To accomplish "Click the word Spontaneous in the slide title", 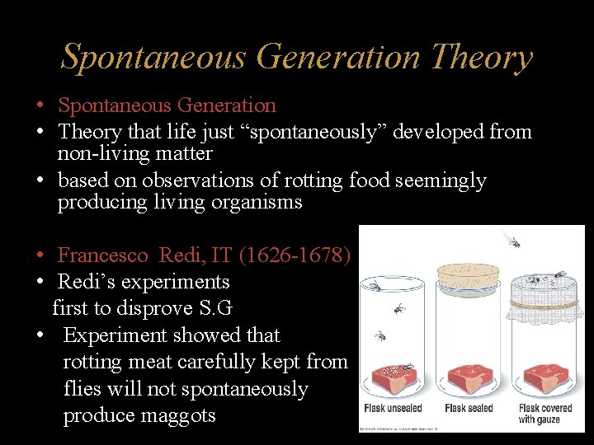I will [x=154, y=58].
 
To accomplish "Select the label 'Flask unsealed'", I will [x=393, y=408].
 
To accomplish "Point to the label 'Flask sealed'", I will [x=469, y=408].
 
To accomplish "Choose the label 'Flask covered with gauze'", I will [x=545, y=414].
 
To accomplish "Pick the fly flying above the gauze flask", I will [x=513, y=241].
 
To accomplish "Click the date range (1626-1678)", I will [x=295, y=255].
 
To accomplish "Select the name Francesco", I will [x=104, y=255].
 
